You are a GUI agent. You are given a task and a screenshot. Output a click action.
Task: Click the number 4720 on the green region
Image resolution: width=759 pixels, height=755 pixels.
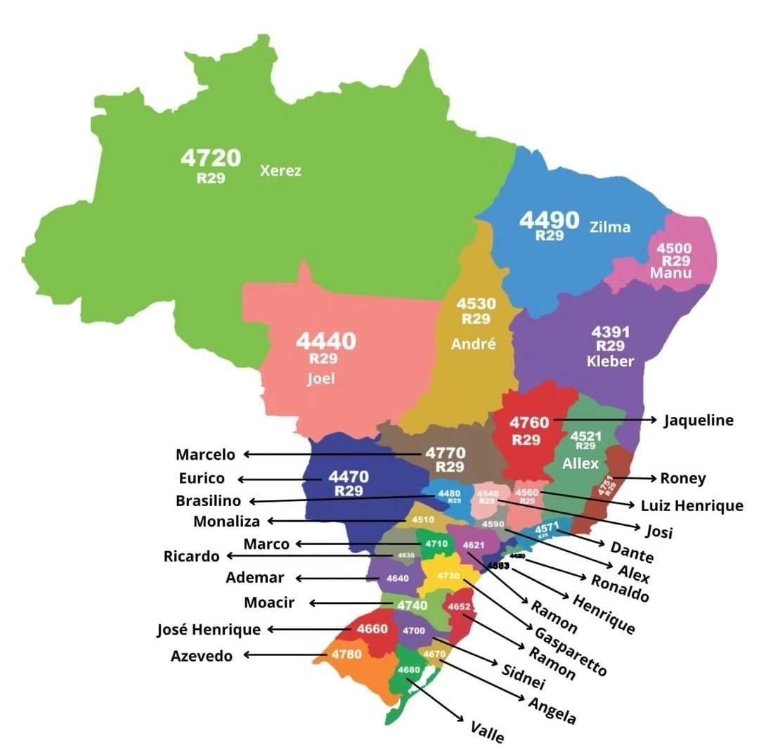(210, 158)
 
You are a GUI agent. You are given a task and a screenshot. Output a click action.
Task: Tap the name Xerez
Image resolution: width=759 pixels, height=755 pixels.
(280, 171)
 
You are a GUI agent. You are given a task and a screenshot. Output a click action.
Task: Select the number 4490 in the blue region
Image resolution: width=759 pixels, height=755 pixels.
(549, 220)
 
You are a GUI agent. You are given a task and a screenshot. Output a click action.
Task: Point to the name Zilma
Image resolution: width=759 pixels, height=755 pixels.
(610, 227)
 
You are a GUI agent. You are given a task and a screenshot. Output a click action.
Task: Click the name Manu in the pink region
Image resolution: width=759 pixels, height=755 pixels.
(671, 273)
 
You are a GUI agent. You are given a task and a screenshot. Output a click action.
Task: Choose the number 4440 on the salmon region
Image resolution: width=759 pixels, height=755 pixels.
(325, 342)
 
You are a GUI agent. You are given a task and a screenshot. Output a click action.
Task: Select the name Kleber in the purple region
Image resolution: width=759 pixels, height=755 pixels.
(611, 361)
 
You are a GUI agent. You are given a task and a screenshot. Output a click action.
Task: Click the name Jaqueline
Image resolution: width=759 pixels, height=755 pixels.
(699, 420)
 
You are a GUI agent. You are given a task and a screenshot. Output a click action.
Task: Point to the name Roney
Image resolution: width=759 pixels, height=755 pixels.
(682, 478)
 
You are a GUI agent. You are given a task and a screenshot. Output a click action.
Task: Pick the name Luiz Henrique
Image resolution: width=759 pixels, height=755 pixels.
(692, 505)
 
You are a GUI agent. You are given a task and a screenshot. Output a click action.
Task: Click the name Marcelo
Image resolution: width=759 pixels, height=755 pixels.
(205, 455)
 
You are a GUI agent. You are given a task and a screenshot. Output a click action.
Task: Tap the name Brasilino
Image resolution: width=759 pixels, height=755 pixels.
(208, 501)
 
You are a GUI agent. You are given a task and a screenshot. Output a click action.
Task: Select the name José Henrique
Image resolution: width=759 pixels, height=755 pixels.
(209, 629)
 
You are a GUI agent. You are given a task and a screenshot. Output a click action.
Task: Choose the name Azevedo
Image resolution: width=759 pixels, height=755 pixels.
(202, 656)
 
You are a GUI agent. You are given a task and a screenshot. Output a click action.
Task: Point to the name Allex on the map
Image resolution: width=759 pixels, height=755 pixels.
(580, 464)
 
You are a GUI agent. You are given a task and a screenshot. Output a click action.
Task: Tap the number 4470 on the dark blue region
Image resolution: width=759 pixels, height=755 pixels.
(348, 477)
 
